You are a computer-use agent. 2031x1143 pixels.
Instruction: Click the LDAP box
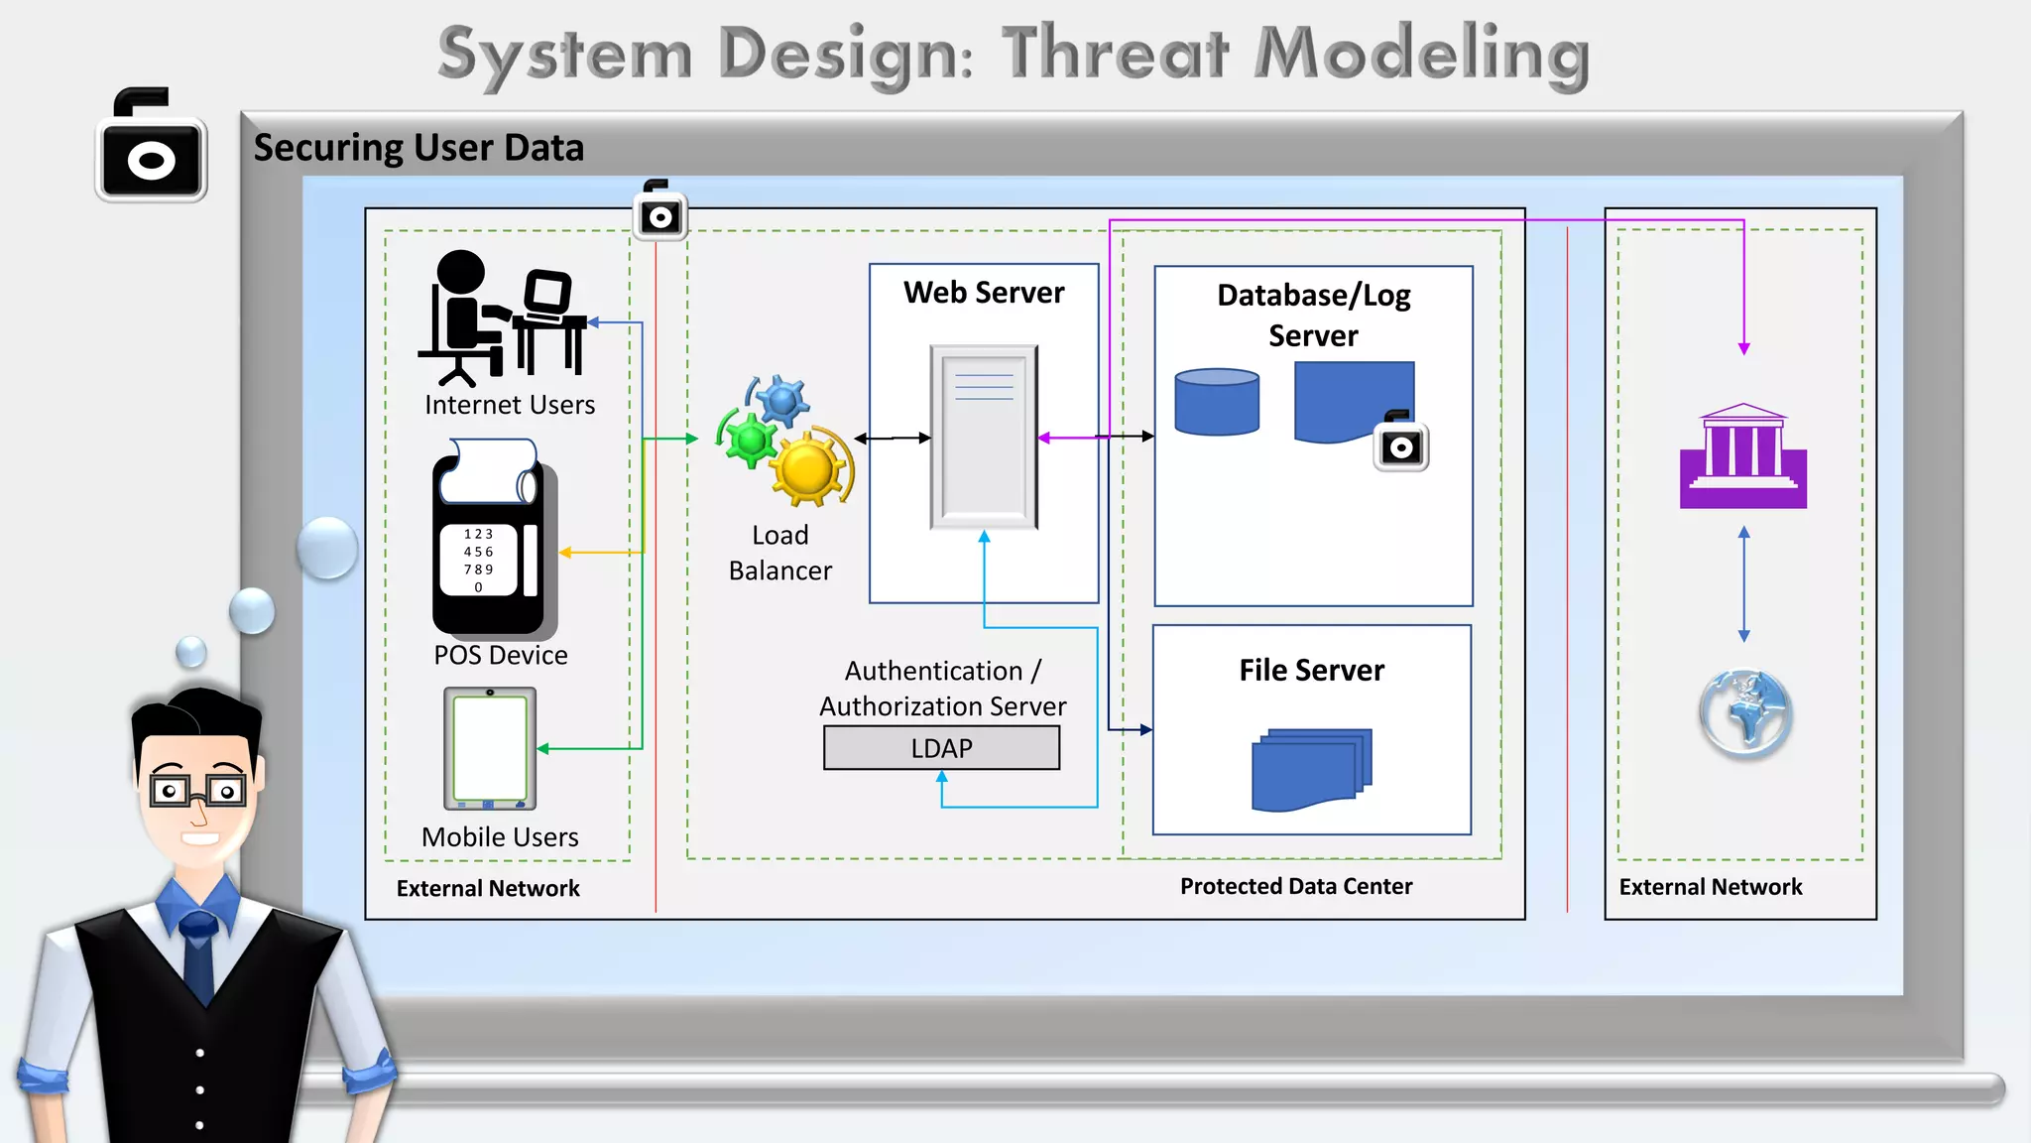(941, 748)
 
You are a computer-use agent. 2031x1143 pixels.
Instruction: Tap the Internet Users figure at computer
(502, 317)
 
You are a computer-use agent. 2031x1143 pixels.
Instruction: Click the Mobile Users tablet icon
(490, 749)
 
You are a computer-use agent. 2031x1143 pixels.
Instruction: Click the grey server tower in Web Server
(984, 438)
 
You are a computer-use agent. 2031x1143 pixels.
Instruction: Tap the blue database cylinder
(1217, 402)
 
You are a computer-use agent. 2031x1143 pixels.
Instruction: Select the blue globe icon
(1744, 713)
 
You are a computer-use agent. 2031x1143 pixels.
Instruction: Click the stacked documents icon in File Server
(1311, 770)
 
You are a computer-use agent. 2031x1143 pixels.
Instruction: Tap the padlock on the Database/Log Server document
(1400, 443)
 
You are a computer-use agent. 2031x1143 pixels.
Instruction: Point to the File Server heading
(1311, 671)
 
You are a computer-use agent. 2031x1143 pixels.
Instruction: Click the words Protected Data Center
(1295, 886)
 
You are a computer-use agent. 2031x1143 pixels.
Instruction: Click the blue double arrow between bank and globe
(1743, 584)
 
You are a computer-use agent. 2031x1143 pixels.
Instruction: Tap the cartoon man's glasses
(198, 790)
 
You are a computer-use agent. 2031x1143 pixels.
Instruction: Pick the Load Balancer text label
(779, 553)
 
